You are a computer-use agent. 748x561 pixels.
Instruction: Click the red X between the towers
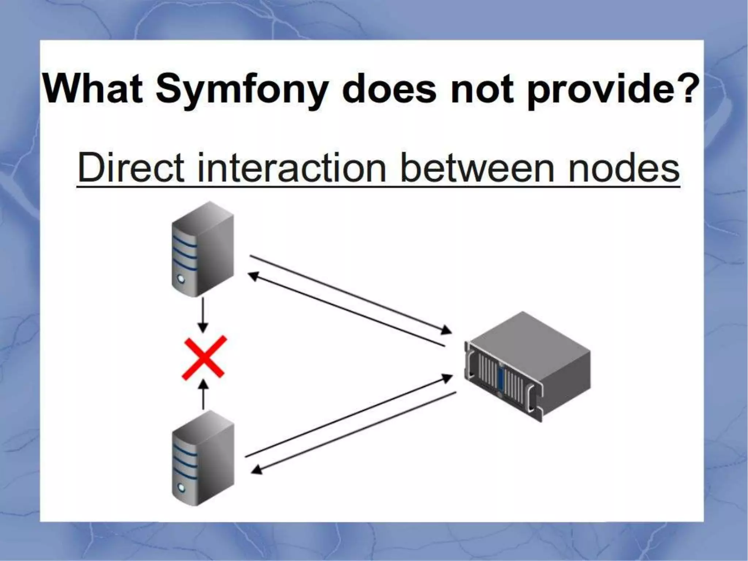pos(204,358)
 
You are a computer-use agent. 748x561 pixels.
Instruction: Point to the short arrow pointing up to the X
pos(204,394)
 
